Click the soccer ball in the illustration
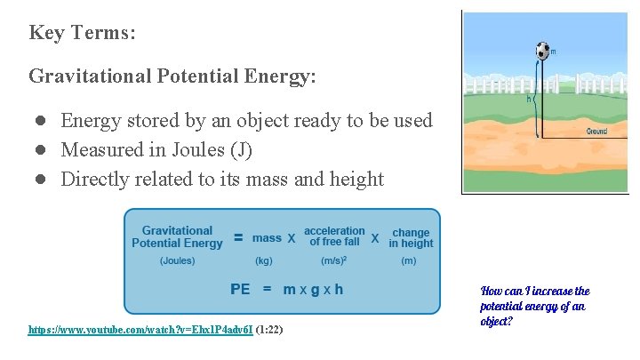point(542,51)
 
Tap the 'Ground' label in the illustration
point(597,132)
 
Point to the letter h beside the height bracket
point(530,100)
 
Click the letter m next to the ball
point(554,52)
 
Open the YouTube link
point(140,330)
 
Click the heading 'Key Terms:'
point(82,33)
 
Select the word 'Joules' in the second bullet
point(201,150)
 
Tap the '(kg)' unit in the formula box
point(264,261)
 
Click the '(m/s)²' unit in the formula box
point(334,261)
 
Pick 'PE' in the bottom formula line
point(240,289)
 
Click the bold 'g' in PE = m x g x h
point(313,290)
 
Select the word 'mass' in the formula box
point(267,237)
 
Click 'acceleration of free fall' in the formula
point(334,236)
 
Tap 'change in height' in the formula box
point(411,237)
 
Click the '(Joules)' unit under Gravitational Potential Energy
point(178,261)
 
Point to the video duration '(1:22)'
point(269,330)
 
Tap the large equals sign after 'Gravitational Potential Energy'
point(238,237)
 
